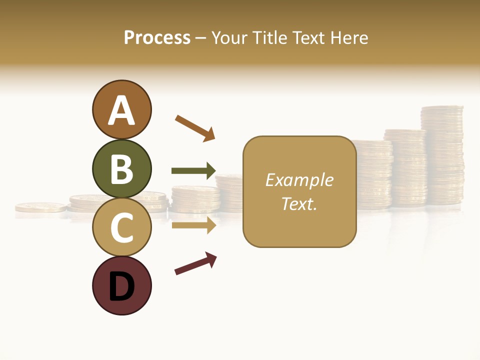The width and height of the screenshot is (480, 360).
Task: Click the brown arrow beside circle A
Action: point(195,127)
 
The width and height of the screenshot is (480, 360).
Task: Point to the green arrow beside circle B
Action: point(193,171)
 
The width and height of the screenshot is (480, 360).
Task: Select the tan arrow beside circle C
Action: point(193,225)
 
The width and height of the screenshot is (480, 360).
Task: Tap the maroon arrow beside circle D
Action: point(195,263)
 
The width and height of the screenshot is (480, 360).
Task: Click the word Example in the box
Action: point(299,180)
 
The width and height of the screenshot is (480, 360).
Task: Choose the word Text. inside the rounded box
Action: point(299,203)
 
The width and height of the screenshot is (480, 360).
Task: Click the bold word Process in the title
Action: point(157,38)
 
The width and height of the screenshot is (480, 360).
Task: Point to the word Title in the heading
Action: point(268,38)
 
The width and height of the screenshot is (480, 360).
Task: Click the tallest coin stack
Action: point(442,155)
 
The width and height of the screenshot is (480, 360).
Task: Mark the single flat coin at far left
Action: point(40,206)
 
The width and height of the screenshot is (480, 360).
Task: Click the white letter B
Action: point(122,169)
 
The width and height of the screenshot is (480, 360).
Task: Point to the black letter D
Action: point(122,286)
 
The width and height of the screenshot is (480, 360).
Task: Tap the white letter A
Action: point(122,111)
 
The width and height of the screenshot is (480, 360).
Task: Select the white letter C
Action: point(122,228)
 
